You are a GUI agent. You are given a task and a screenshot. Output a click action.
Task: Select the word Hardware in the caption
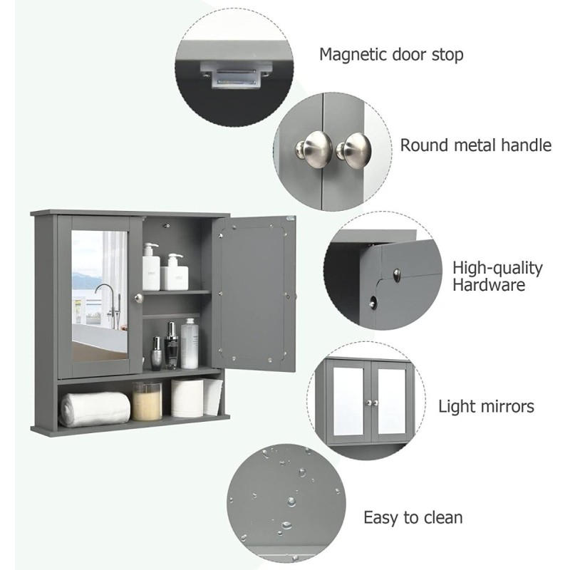click(489, 284)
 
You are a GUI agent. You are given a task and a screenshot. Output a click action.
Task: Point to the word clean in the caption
click(441, 517)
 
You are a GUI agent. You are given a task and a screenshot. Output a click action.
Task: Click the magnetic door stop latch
click(236, 74)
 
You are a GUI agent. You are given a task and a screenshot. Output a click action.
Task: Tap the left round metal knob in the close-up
click(313, 146)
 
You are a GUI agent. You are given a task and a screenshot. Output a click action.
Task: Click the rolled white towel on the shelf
click(95, 408)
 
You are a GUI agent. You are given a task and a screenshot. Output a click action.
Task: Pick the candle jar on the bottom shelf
click(147, 401)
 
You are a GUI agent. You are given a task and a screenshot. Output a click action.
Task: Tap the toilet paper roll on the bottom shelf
click(187, 398)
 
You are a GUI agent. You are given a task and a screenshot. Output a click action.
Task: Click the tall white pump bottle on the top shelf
click(151, 266)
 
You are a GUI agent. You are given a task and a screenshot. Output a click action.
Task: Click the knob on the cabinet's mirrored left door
click(138, 298)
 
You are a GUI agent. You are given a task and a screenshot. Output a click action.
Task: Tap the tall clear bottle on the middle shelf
click(190, 343)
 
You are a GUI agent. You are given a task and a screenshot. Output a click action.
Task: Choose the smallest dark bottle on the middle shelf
click(156, 353)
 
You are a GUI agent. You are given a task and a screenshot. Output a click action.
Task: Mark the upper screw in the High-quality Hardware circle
click(397, 274)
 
